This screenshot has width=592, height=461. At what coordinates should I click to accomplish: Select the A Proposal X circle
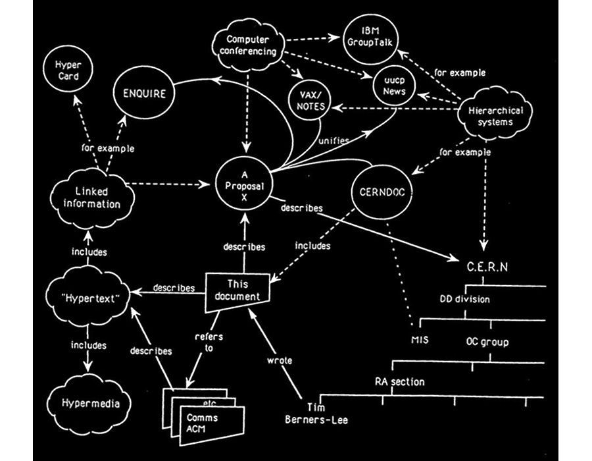(x=244, y=186)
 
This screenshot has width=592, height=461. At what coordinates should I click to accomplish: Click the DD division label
(x=465, y=300)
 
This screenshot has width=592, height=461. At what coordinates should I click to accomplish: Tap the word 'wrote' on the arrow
(x=280, y=360)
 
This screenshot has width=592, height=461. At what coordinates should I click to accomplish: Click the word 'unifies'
(x=335, y=140)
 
